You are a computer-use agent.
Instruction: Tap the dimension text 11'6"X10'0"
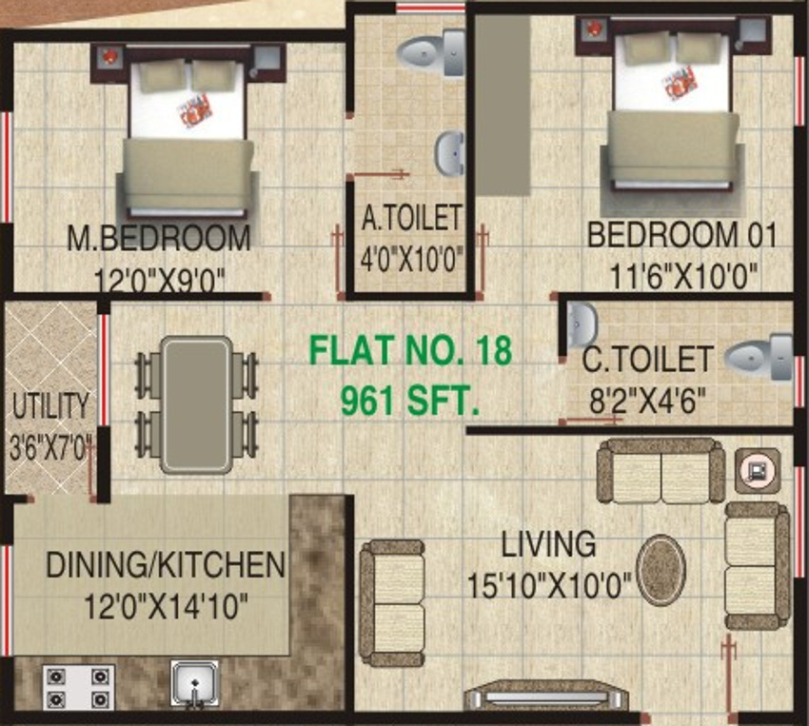tap(683, 276)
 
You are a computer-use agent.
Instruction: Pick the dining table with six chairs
tap(195, 403)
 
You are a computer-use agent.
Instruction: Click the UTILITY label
tap(49, 406)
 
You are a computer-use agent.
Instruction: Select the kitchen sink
tap(195, 684)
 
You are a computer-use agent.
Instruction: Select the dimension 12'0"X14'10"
tap(148, 602)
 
